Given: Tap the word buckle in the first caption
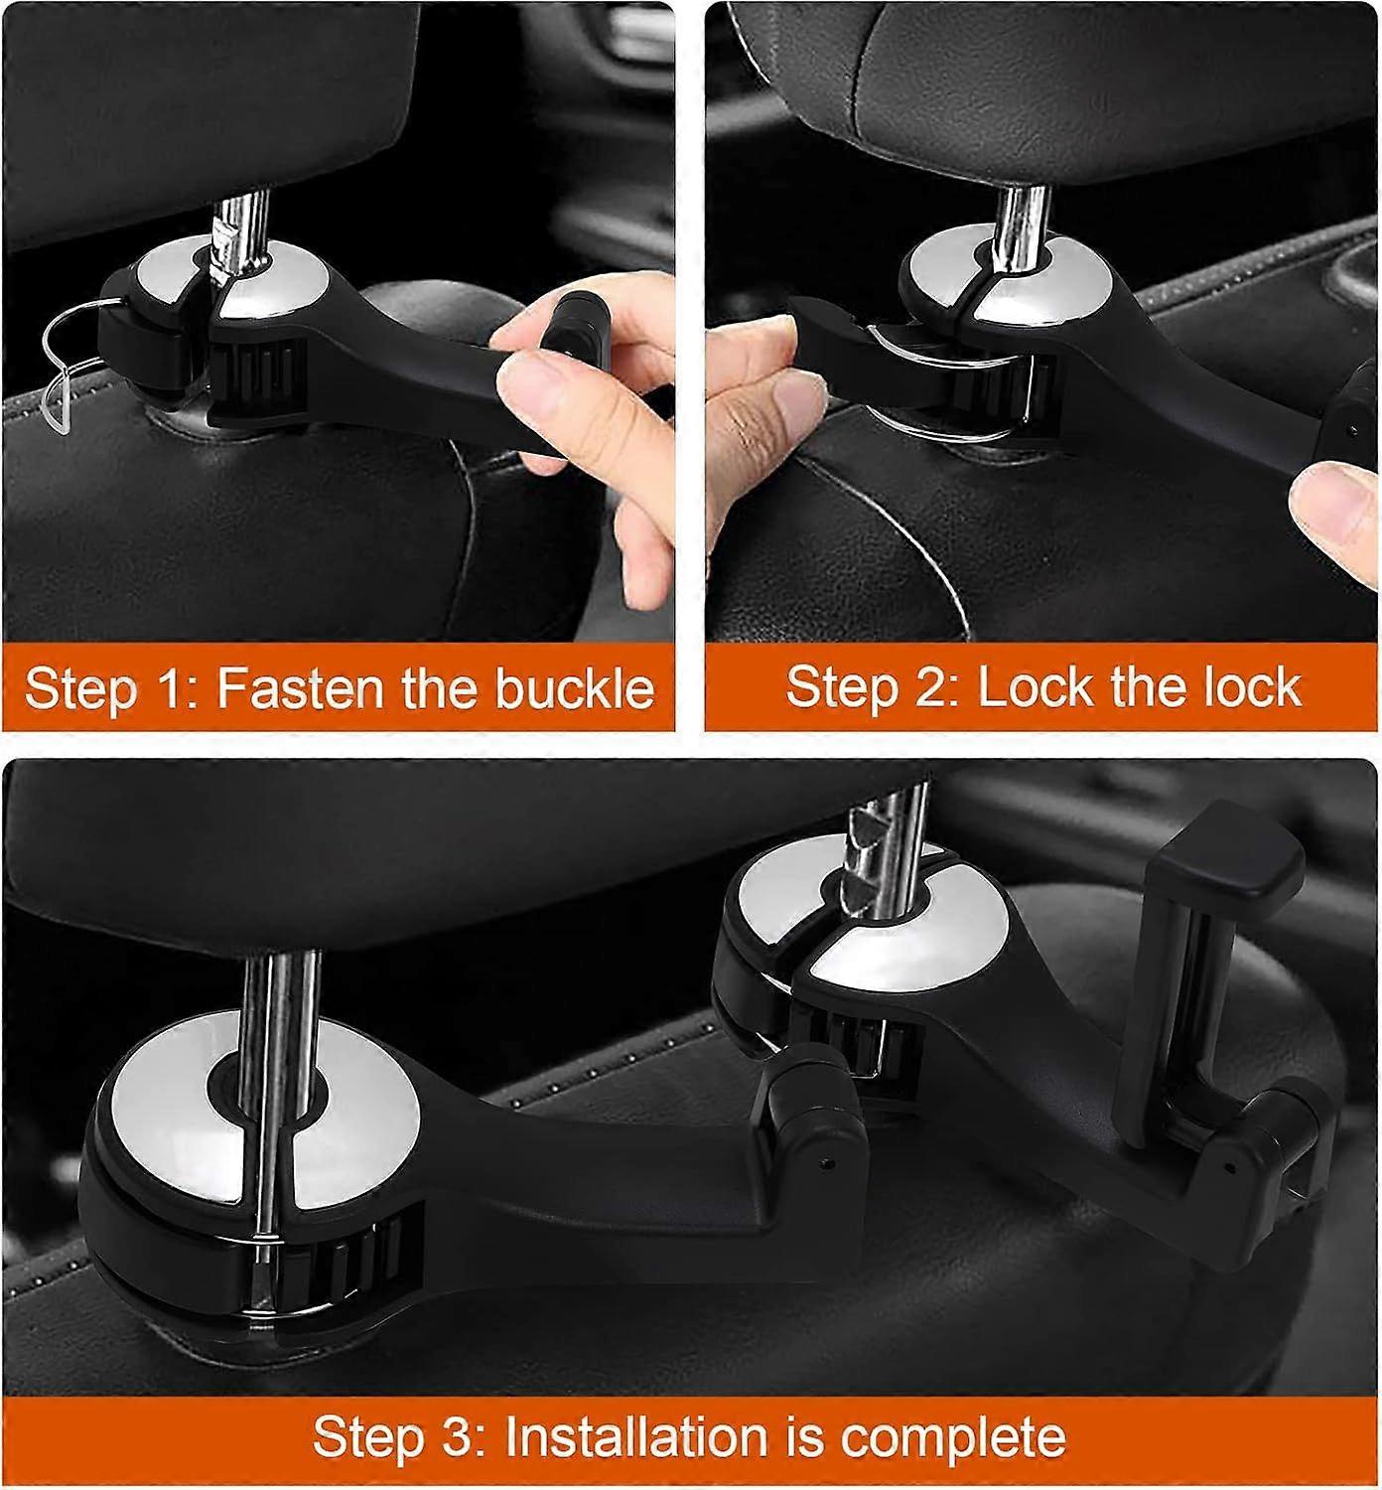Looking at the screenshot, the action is (x=575, y=687).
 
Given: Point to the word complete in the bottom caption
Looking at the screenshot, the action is (x=952, y=1438).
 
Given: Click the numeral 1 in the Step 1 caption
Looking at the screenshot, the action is (x=179, y=687).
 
